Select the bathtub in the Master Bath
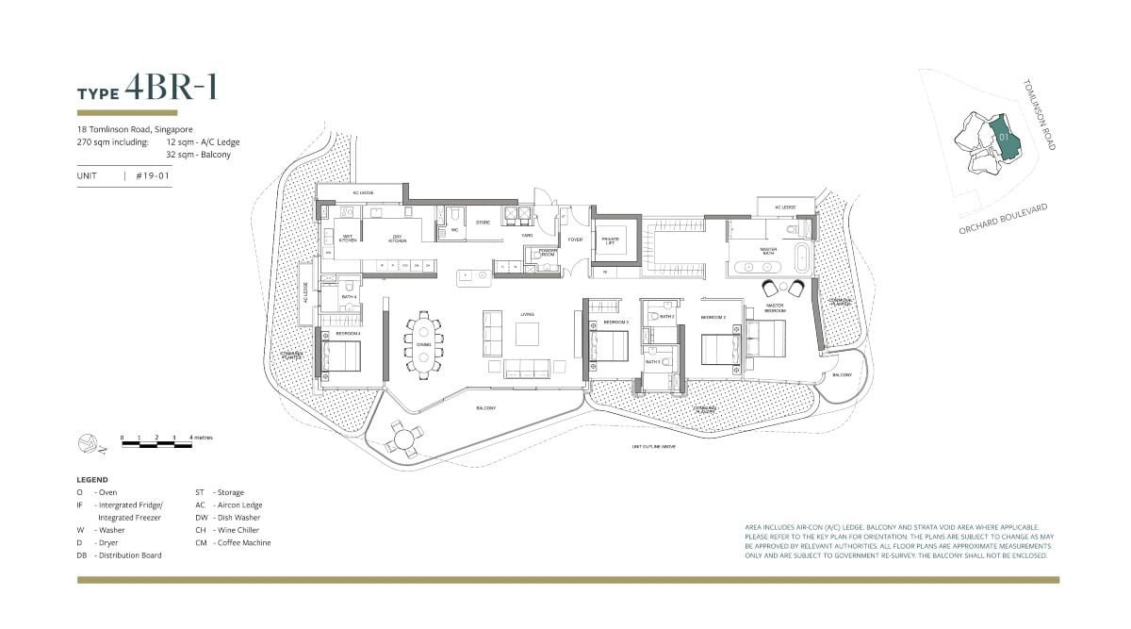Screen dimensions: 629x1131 (802, 257)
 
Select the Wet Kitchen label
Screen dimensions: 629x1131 (347, 239)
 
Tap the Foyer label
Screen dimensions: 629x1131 (575, 240)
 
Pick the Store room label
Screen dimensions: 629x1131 (482, 223)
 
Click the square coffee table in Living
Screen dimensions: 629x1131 (527, 335)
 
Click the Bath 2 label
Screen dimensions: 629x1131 (666, 317)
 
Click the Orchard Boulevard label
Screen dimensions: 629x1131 (1003, 219)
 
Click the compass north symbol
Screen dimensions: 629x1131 (87, 440)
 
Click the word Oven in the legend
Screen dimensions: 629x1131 (107, 492)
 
